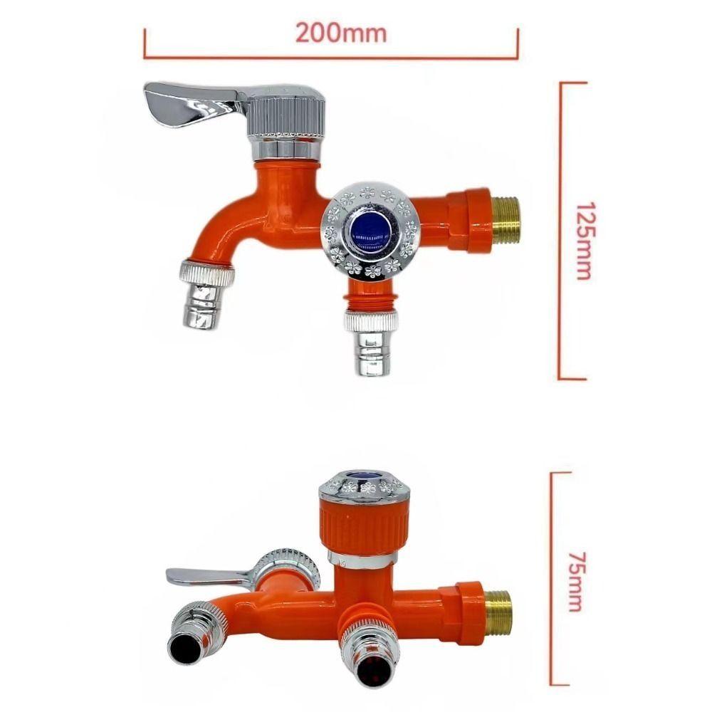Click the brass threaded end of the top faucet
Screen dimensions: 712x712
506,219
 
